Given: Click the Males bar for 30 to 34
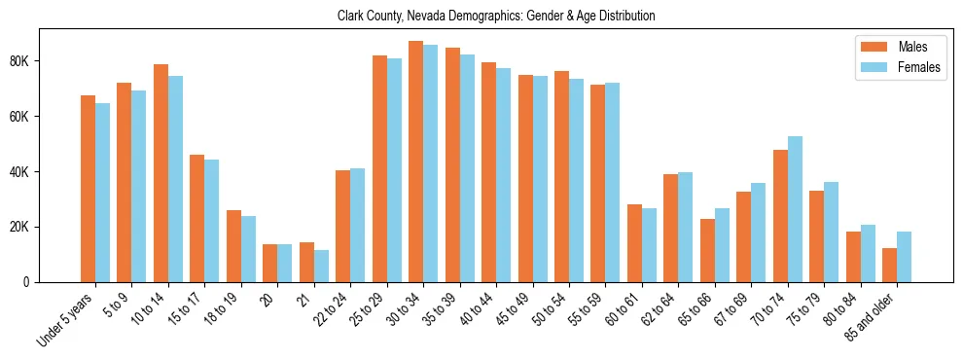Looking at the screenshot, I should click(415, 162).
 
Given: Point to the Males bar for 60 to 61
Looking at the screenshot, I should click(634, 243).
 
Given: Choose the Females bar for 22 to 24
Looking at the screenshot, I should click(357, 225).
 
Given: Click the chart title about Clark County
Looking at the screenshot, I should click(496, 17).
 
